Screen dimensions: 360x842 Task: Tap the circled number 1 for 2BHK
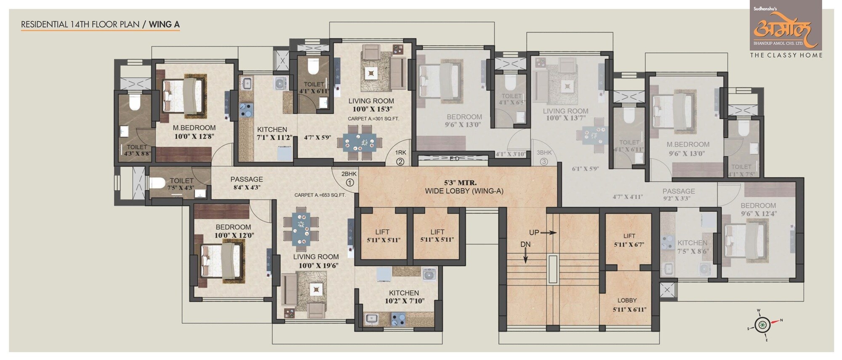349,182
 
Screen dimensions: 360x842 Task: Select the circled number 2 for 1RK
400,161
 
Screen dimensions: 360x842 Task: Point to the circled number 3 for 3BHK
544,161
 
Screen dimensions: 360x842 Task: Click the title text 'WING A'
164,24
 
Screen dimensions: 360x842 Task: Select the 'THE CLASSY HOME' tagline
786,55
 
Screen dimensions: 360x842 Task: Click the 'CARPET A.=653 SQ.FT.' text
320,195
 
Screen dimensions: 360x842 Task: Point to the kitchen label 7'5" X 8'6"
693,251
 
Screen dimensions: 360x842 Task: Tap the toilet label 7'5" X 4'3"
181,188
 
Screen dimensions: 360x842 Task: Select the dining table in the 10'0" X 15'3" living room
359,143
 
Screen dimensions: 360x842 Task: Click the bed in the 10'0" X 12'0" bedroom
222,261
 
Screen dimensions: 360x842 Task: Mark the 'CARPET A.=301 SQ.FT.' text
373,119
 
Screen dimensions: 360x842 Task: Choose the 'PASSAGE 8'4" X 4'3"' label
247,183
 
